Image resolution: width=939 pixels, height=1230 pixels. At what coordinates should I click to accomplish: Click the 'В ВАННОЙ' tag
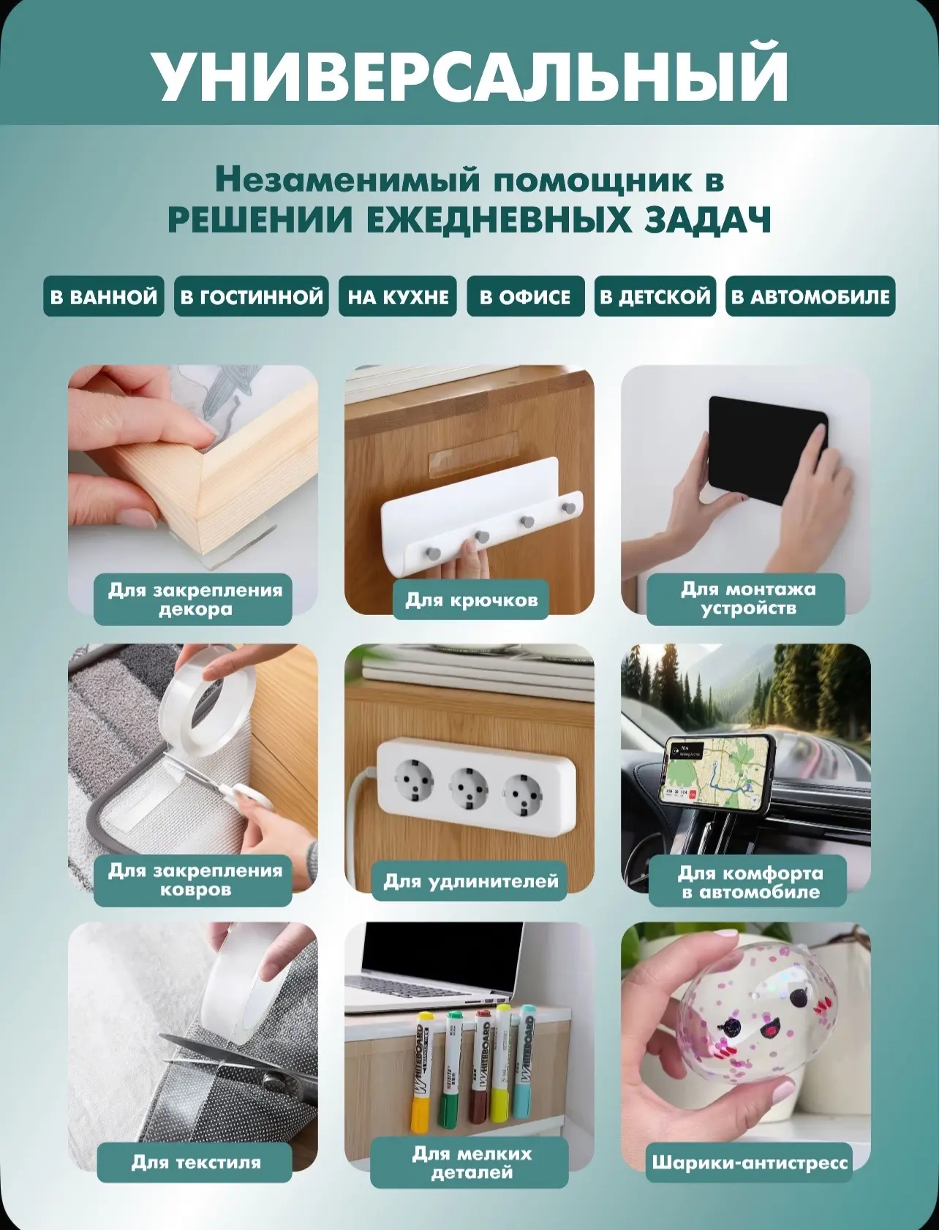pyautogui.click(x=103, y=296)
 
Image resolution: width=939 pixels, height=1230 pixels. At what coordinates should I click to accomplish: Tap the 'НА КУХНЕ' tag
pyautogui.click(x=398, y=296)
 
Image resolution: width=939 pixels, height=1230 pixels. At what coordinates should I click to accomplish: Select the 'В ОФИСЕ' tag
pyautogui.click(x=525, y=296)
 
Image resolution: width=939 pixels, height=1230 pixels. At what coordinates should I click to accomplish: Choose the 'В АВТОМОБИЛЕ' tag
pyautogui.click(x=810, y=296)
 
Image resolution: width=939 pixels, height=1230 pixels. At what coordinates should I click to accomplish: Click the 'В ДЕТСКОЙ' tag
pyautogui.click(x=655, y=296)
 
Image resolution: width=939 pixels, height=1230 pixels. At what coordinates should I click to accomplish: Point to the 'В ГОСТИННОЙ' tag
pyautogui.click(x=252, y=296)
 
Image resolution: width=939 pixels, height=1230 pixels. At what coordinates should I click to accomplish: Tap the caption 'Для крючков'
pyautogui.click(x=471, y=600)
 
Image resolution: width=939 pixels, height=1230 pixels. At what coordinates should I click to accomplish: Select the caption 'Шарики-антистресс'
pyautogui.click(x=749, y=1162)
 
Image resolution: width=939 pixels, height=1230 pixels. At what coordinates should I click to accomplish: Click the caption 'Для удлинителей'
pyautogui.click(x=471, y=881)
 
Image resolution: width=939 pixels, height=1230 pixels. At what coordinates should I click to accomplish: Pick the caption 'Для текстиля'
pyautogui.click(x=195, y=1162)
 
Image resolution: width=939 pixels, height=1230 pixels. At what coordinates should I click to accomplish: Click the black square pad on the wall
pyautogui.click(x=768, y=450)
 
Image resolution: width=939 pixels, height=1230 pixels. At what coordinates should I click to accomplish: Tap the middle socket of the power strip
pyautogui.click(x=469, y=788)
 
